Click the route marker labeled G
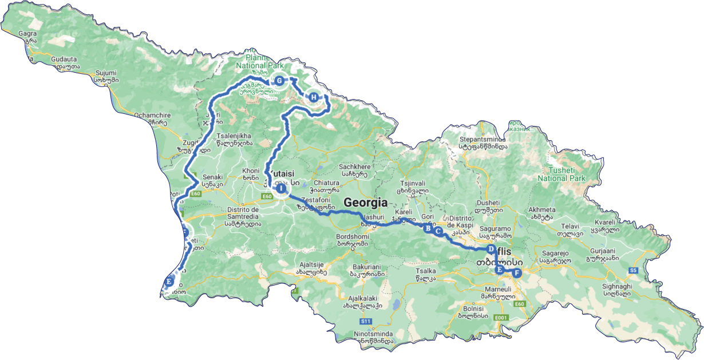coord(279,81)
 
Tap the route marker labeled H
coord(313,97)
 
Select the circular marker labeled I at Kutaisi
coord(281,188)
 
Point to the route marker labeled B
coord(427,228)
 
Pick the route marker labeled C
coord(438,232)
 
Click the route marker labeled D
coord(491,249)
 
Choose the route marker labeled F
coord(517,273)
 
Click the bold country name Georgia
coord(365,203)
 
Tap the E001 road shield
coord(501,318)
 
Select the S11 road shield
coord(366,321)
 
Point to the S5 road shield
coord(633,270)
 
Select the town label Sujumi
coord(105,73)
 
